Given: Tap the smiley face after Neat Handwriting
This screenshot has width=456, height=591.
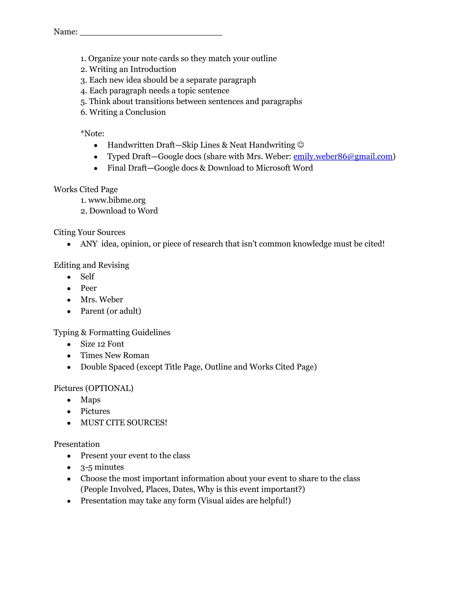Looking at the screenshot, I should [301, 145].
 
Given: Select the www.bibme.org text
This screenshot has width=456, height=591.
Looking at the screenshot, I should [117, 200].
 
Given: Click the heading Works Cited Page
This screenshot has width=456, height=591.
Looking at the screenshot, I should [86, 189].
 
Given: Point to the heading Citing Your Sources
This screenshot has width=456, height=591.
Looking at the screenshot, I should [90, 232].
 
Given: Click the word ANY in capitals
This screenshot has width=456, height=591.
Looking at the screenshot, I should [89, 244].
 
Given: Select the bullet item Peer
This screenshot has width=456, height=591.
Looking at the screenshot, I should [88, 288].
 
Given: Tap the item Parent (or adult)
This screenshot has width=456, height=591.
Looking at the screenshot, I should [110, 311].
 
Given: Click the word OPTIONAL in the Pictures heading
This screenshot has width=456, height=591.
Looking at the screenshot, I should [109, 388].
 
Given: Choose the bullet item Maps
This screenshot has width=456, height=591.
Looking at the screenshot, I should [90, 400].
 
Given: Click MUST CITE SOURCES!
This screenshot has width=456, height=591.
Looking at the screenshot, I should [124, 422].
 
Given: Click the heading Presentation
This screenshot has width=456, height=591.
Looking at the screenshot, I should [77, 444].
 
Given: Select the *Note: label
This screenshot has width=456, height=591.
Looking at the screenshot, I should [92, 133].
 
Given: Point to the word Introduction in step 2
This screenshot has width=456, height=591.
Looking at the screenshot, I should [153, 69].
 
